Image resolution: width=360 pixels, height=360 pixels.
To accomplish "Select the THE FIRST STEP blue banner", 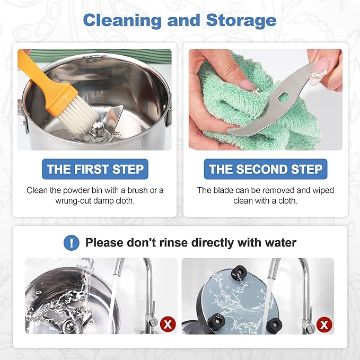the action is [x=95, y=169].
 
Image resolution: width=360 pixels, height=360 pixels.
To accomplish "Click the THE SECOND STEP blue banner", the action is [x=266, y=169].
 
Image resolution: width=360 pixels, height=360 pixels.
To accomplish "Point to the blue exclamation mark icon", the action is [x=72, y=242].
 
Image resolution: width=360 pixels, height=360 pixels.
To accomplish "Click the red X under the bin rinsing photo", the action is [x=168, y=324].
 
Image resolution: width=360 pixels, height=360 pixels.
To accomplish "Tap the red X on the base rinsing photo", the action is [x=324, y=324].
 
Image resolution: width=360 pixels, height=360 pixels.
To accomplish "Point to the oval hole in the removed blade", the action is [x=284, y=96].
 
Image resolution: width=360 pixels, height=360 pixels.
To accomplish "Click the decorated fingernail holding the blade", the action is [x=318, y=77].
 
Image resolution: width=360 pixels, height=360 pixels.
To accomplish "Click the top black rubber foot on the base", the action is [x=239, y=273].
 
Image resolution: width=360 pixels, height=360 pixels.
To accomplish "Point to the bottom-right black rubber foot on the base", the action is [x=274, y=326].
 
